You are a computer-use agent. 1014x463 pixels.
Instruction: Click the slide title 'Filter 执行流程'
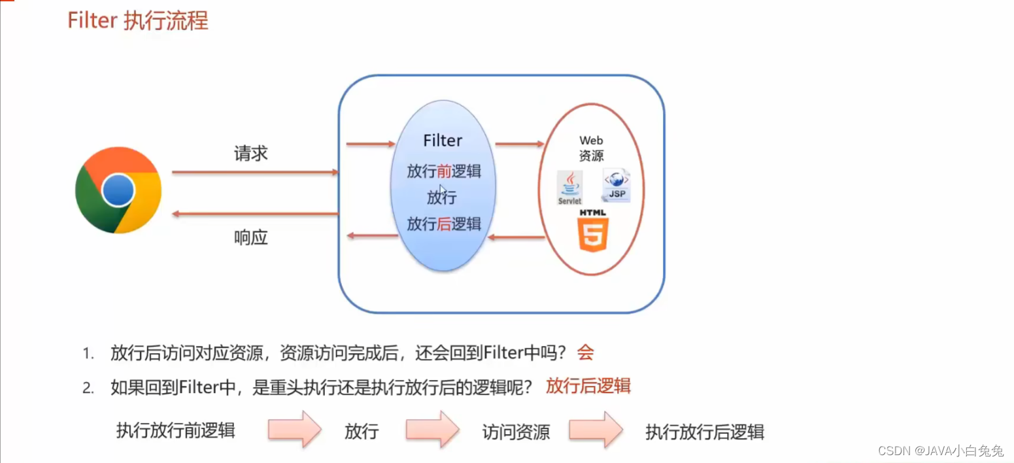137,21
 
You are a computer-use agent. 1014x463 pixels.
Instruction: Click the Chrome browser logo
118,190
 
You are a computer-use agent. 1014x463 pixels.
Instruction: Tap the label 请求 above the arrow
250,154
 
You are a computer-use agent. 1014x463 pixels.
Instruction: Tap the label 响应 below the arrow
250,237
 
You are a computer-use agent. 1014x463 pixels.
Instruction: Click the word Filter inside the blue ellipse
443,141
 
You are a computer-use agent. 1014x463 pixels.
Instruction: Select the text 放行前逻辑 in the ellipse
443,171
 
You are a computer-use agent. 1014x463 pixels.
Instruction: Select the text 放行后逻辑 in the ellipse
443,224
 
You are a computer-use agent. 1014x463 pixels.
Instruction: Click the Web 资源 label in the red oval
590,148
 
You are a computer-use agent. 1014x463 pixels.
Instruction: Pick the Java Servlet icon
569,188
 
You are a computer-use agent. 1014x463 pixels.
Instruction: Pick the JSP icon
616,186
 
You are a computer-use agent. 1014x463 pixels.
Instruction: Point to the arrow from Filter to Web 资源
520,144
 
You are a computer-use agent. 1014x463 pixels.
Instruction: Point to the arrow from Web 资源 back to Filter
517,237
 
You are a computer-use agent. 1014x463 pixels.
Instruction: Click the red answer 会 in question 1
585,353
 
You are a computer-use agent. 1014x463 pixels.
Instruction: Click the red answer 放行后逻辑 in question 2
588,386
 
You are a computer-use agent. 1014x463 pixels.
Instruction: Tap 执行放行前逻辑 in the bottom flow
175,430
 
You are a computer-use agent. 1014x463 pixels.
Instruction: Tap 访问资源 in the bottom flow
516,432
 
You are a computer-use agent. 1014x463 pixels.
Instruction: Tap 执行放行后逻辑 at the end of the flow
705,432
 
